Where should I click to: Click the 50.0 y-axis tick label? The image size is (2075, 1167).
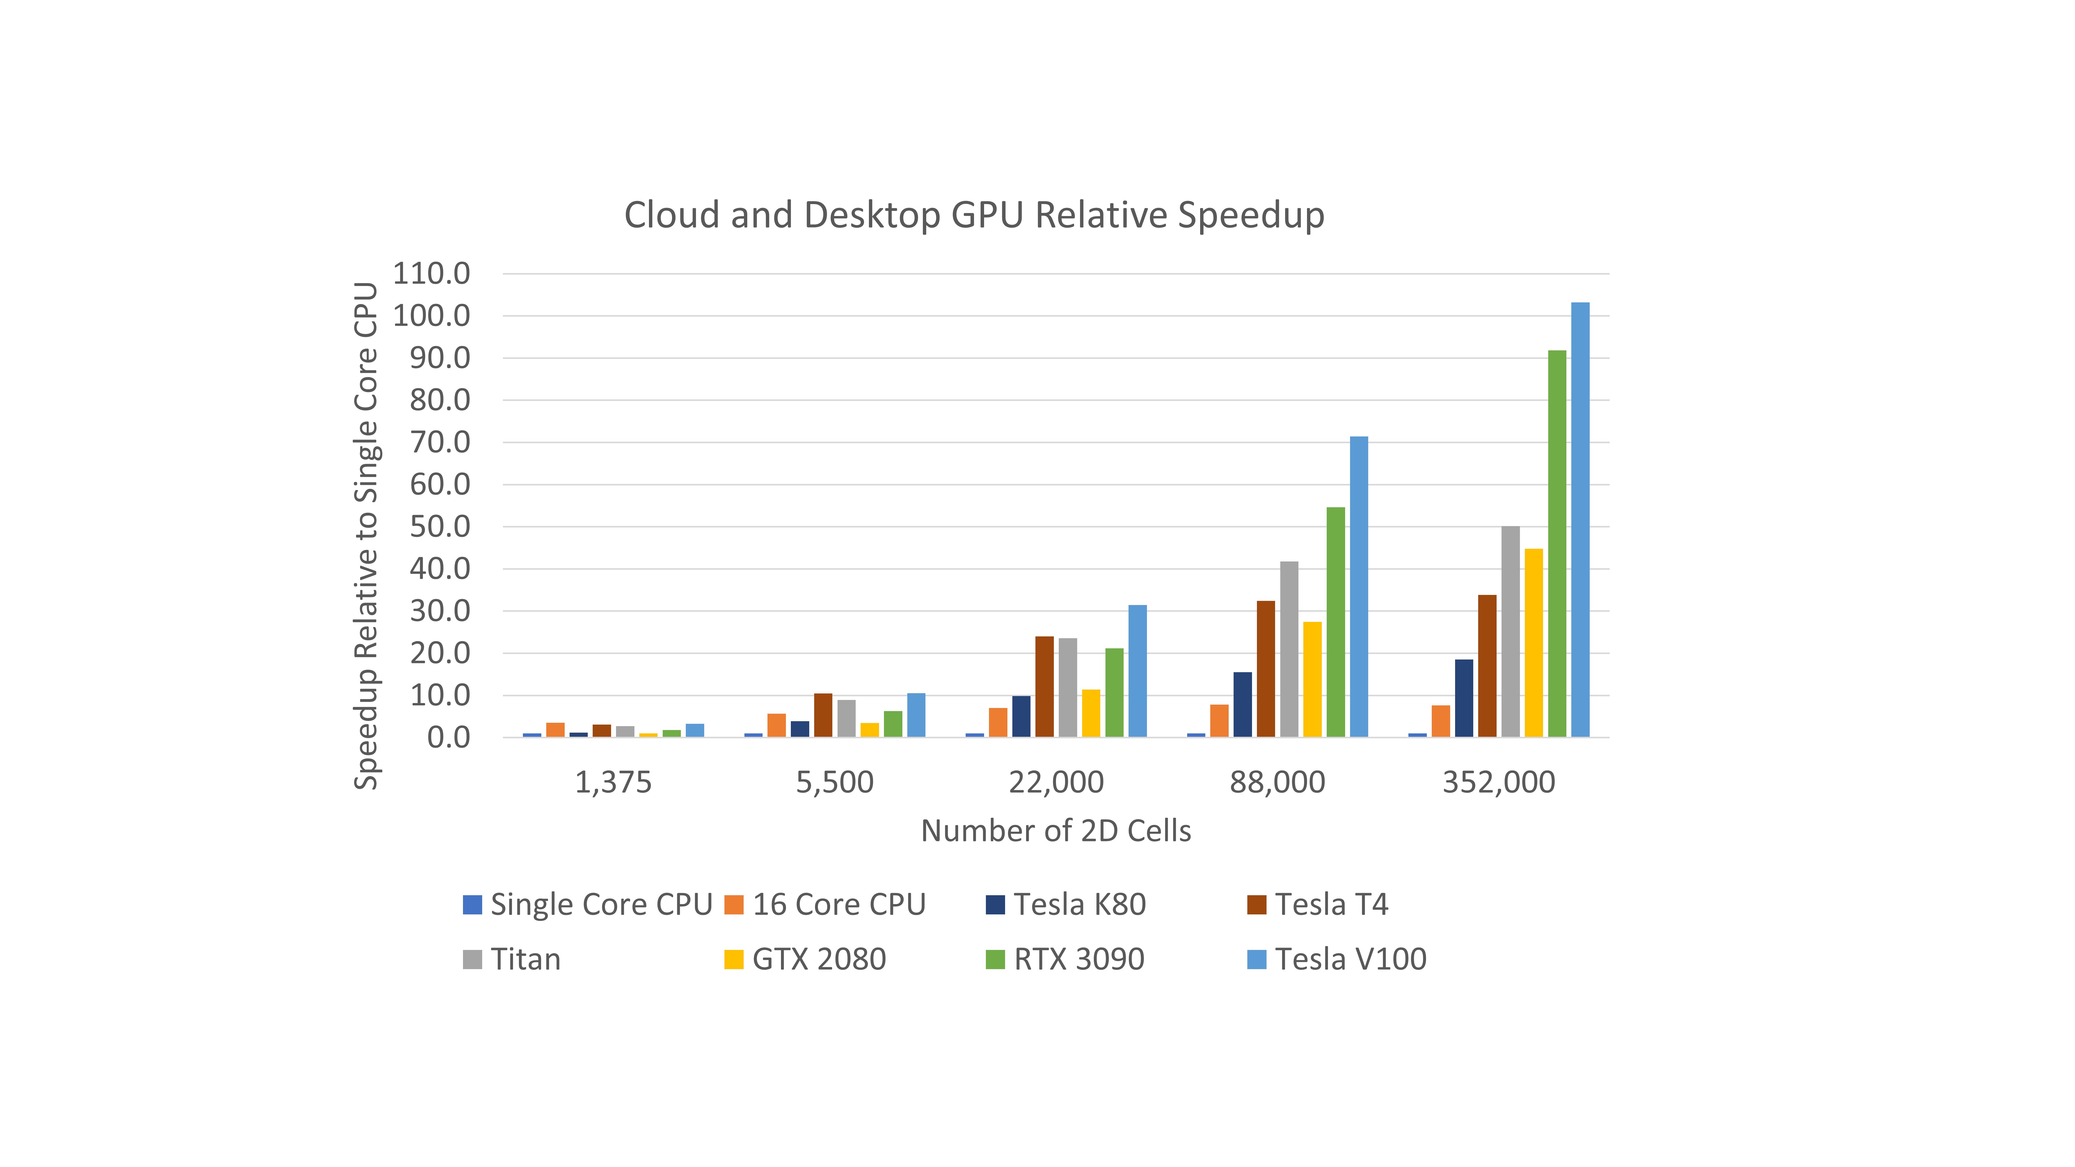pyautogui.click(x=440, y=527)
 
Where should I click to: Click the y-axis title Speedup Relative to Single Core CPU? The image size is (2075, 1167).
pyautogui.click(x=366, y=536)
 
